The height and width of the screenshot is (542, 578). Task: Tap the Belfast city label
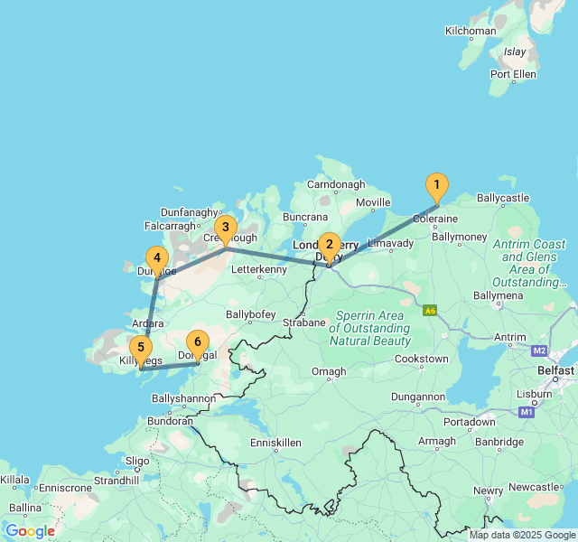coord(555,370)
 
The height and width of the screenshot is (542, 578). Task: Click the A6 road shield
coord(431,310)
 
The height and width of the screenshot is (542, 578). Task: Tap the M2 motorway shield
coord(540,350)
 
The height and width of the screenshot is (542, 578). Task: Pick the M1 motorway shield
coord(527,412)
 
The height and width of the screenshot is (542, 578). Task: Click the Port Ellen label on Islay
coord(513,74)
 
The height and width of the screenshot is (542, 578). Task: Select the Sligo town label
coord(137,460)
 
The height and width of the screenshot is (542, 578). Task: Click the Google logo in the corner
coord(30,531)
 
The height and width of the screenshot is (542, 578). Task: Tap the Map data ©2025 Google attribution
coord(521,535)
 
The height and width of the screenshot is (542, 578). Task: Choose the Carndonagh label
coord(335,184)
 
